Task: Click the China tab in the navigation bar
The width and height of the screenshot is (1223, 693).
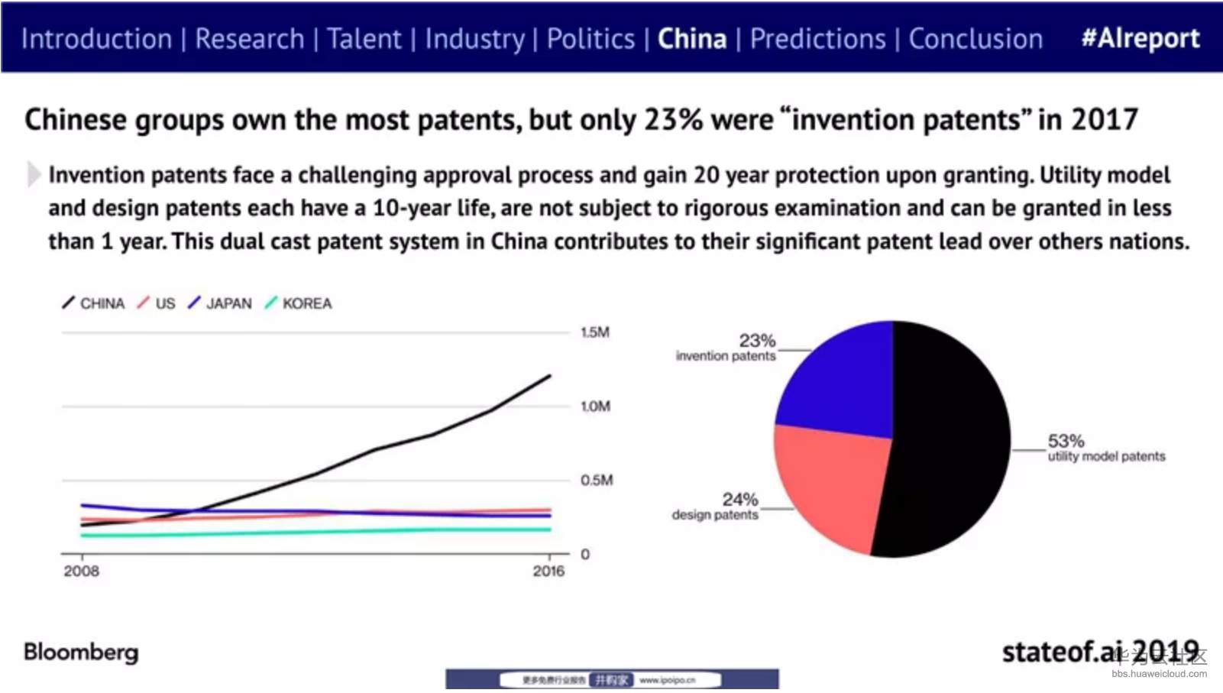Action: [x=692, y=38]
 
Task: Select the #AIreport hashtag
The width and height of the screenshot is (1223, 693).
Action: [x=1140, y=38]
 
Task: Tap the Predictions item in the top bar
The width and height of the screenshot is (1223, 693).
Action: [x=817, y=38]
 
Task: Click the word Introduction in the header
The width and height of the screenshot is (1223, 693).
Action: [x=97, y=38]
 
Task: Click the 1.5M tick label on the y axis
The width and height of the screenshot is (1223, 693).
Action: [x=595, y=332]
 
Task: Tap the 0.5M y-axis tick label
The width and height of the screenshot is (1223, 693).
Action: [x=597, y=480]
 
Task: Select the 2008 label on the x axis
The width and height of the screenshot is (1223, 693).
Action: [x=81, y=571]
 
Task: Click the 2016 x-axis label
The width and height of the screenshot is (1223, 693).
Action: [x=548, y=571]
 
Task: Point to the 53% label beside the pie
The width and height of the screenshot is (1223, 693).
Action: [x=1066, y=441]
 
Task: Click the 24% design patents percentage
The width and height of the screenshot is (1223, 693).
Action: [x=740, y=500]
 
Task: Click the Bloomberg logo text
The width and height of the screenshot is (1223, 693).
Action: [x=81, y=652]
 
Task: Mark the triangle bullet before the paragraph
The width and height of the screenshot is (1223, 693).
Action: [x=33, y=174]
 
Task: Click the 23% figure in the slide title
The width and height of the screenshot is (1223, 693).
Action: [x=673, y=120]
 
